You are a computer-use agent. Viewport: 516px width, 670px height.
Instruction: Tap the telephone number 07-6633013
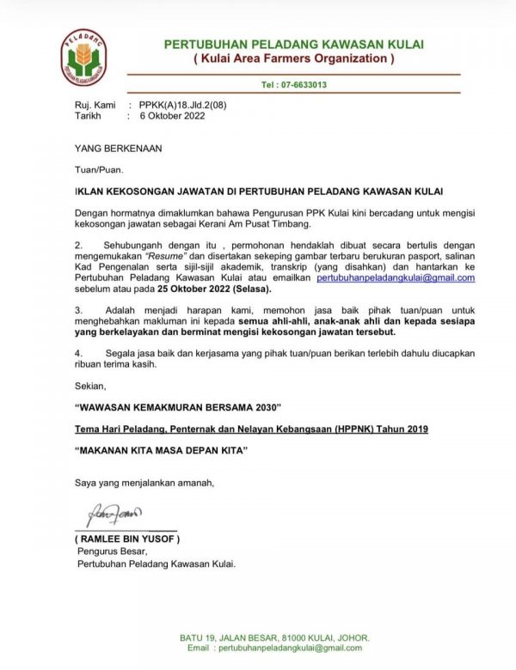click(x=293, y=85)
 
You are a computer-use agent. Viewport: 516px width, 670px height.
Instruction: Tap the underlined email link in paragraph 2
click(x=396, y=277)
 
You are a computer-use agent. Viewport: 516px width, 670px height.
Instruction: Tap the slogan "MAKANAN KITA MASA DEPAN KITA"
click(x=161, y=449)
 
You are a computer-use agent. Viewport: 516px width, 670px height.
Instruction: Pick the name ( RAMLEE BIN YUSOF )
click(x=126, y=539)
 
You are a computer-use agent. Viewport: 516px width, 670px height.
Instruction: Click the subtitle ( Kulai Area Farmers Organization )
click(x=293, y=58)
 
